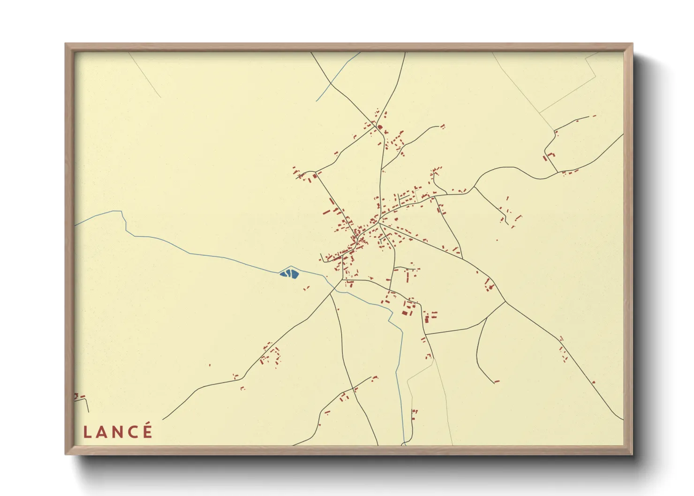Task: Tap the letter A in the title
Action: pyautogui.click(x=101, y=432)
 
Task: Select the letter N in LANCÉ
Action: pyautogui.click(x=117, y=432)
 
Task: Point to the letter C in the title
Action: pyautogui.click(x=133, y=432)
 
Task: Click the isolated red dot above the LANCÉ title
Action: pyautogui.click(x=210, y=365)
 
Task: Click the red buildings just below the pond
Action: pyautogui.click(x=307, y=288)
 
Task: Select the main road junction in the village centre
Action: pyautogui.click(x=378, y=223)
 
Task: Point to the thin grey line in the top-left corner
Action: pyautogui.click(x=145, y=75)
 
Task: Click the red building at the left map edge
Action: pyautogui.click(x=76, y=397)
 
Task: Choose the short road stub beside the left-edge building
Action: pyautogui.click(x=87, y=405)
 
